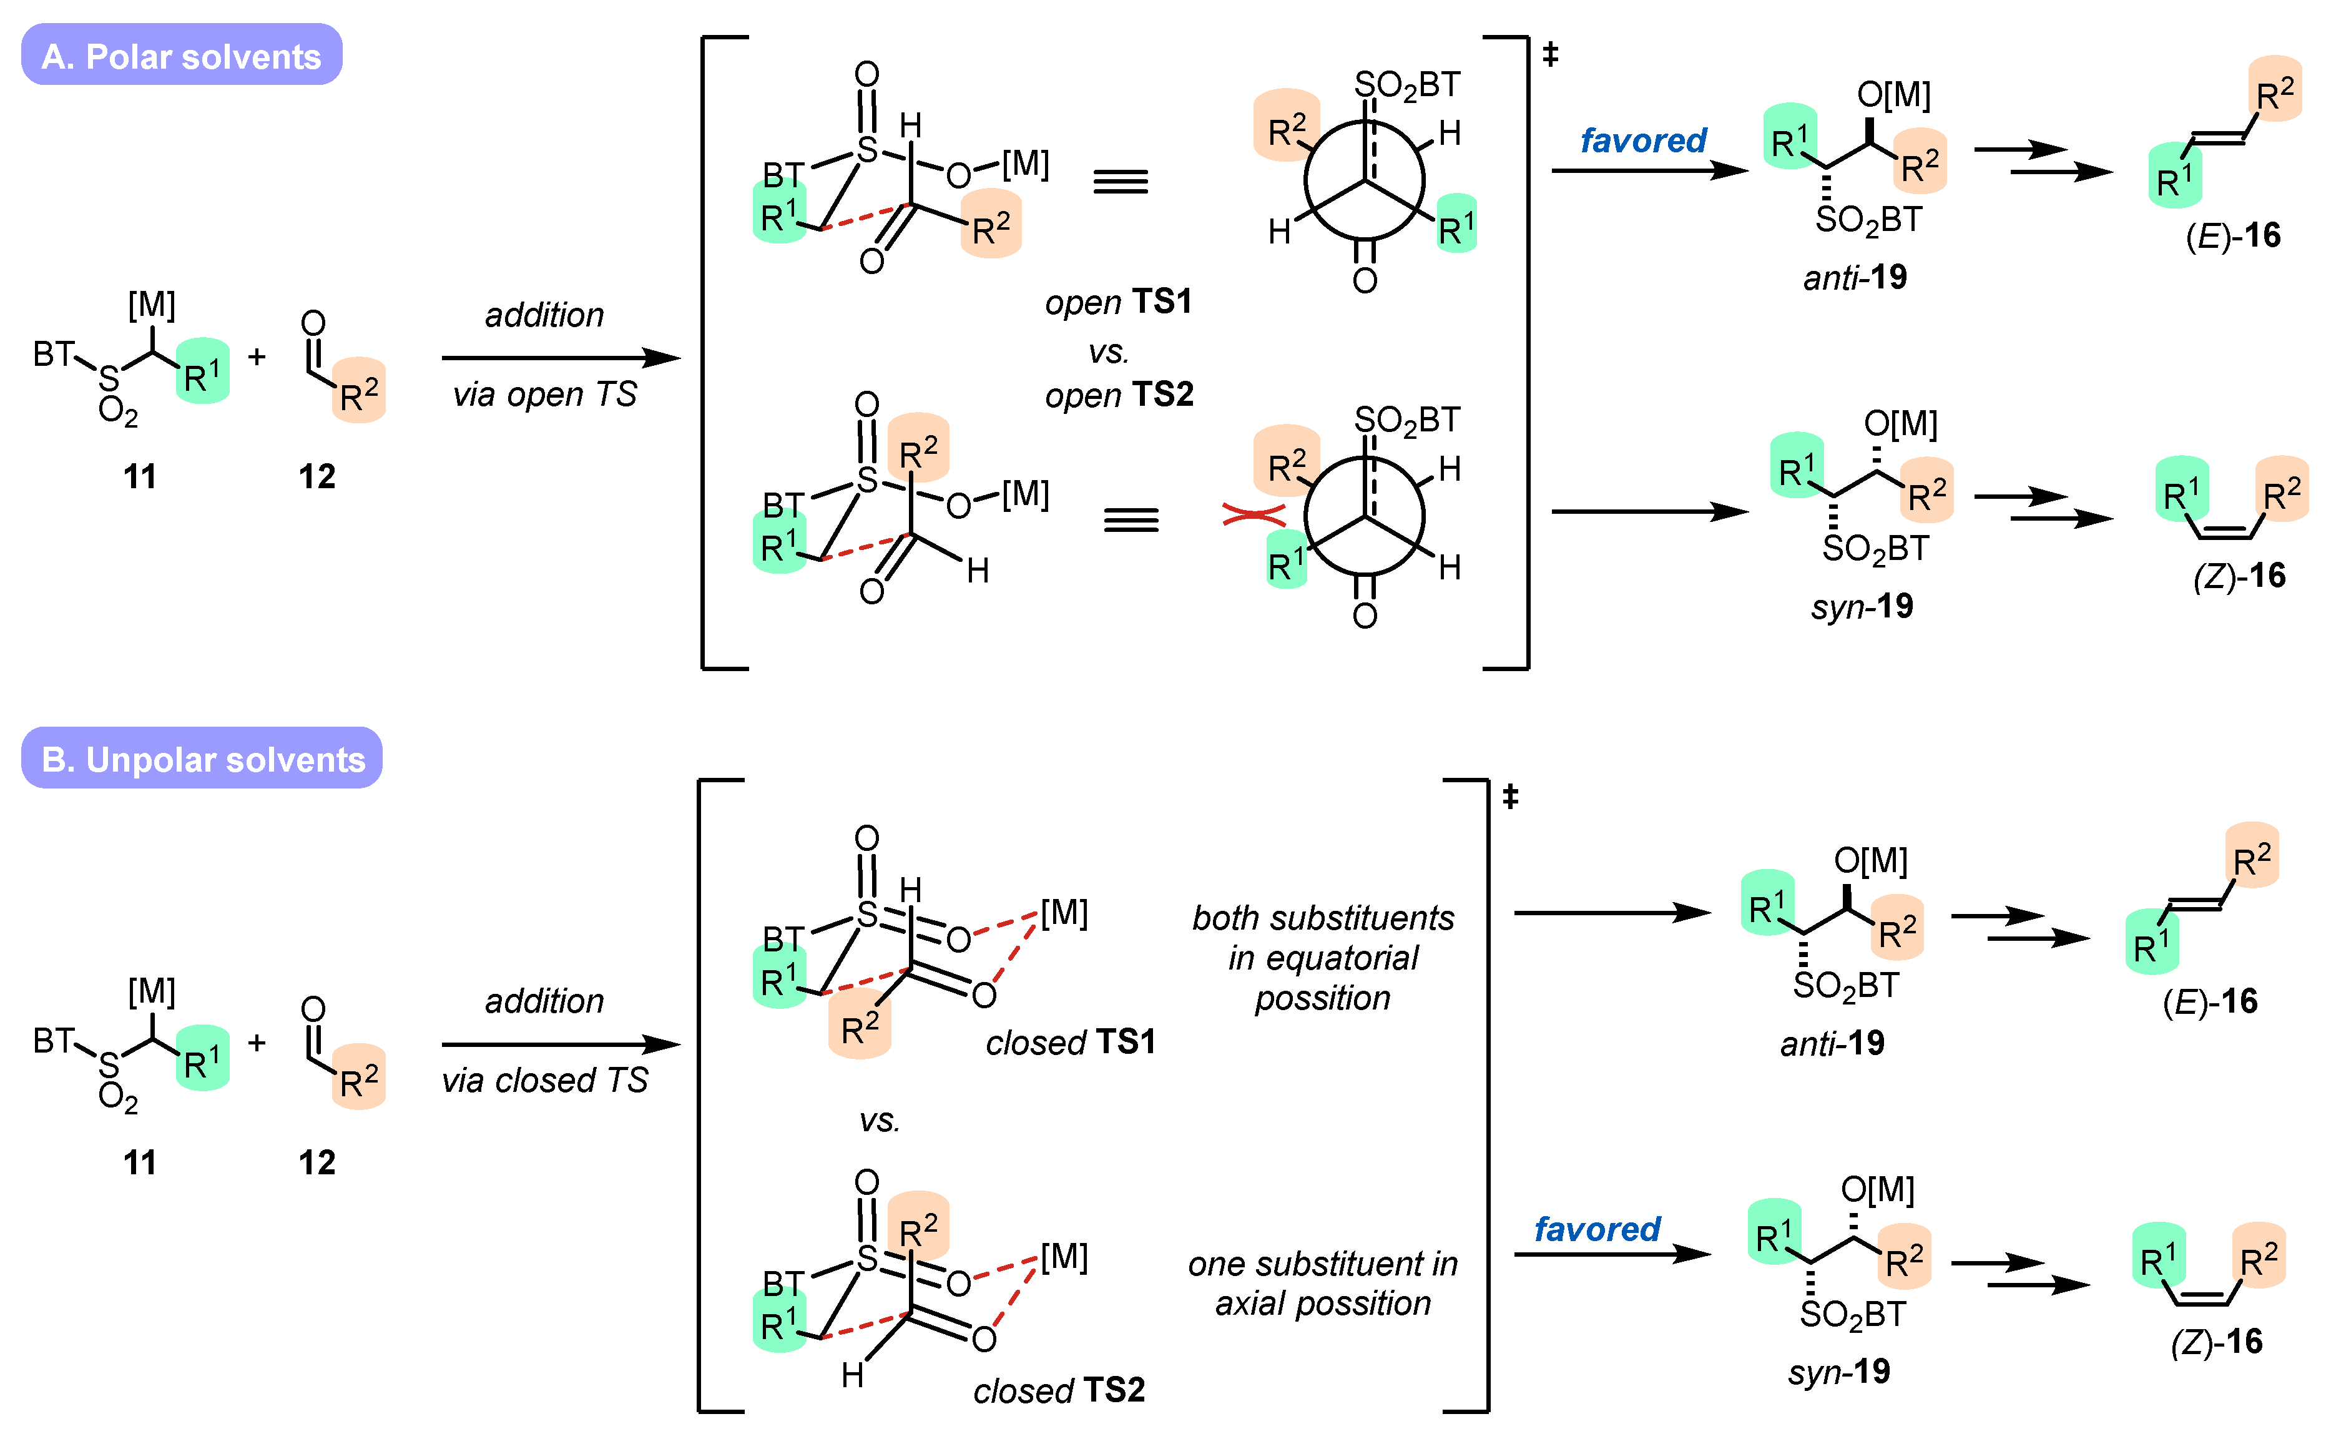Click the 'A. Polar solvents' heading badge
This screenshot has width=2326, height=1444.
(182, 56)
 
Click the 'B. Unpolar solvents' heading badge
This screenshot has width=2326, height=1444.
(202, 759)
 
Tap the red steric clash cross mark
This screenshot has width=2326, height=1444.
(1253, 516)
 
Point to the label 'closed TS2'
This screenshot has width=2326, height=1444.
(1059, 1390)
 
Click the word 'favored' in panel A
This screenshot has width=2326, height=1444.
(1642, 140)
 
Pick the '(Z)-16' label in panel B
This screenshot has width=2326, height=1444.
(2216, 1342)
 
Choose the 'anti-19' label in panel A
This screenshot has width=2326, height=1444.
(1854, 278)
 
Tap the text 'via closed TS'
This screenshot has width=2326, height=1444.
(544, 1080)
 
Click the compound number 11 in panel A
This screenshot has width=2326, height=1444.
(139, 476)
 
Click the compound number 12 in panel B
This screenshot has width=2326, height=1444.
(317, 1162)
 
